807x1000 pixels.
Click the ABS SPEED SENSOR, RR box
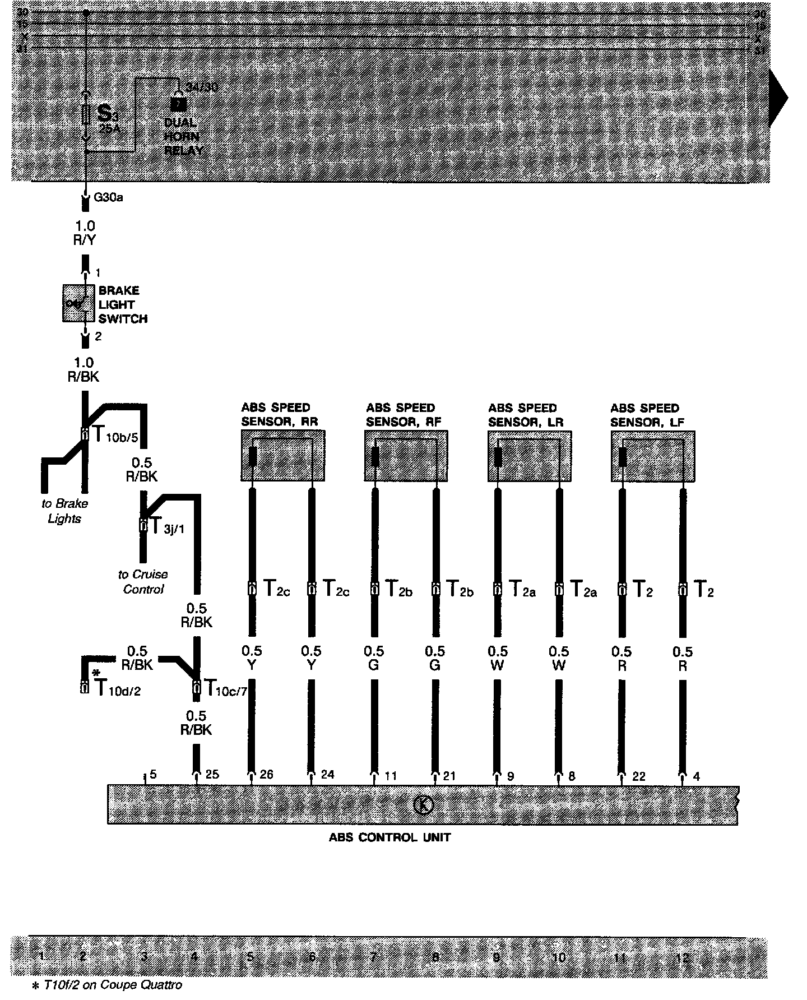pos(283,456)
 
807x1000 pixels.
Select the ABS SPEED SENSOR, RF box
pos(406,456)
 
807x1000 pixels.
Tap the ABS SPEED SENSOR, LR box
pos(530,456)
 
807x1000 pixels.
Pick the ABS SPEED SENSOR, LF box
pos(653,456)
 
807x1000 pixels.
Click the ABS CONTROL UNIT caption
pos(389,838)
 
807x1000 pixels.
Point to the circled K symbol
pos(424,804)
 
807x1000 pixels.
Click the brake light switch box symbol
pos(78,303)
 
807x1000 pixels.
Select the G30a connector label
pos(108,197)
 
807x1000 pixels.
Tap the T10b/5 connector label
pos(114,435)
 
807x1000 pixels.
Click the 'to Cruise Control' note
pos(143,582)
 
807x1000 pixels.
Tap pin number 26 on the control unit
pos(266,775)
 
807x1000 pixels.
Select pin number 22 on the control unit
pos(638,776)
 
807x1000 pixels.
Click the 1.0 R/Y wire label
pos(85,233)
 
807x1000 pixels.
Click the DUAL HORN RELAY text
pos(182,136)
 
